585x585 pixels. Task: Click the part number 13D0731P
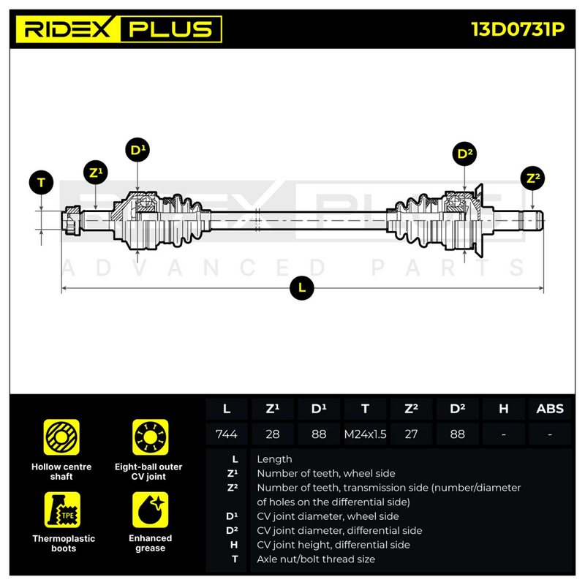518,29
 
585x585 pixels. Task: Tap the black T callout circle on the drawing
41,182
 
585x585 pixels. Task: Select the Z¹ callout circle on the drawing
96,173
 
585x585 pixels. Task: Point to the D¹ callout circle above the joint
137,150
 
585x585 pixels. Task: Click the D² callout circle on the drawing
464,154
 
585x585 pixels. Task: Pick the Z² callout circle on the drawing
532,178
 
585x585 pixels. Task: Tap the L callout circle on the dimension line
302,288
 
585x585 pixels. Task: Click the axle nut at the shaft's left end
71,221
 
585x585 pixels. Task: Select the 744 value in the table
227,434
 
